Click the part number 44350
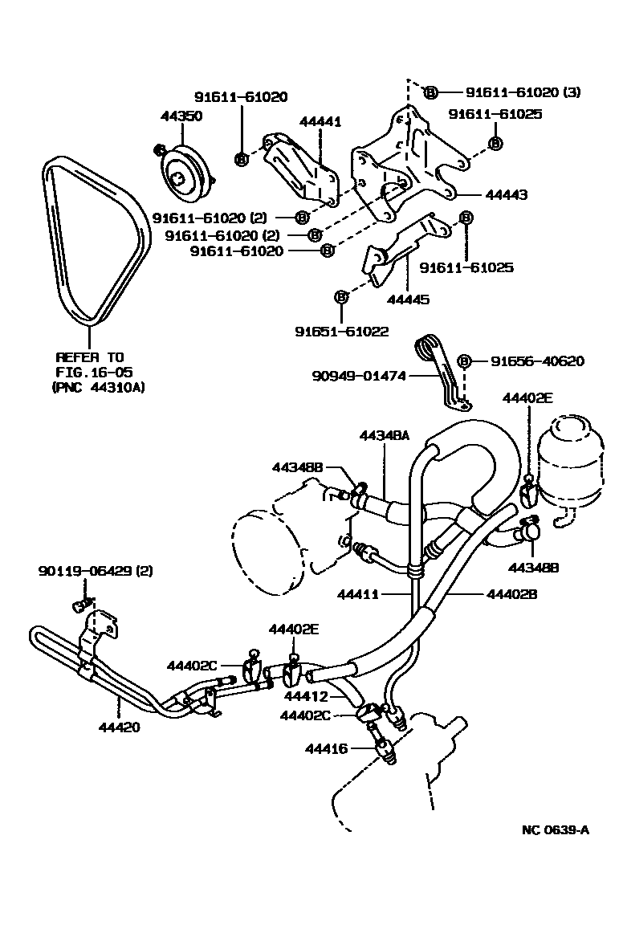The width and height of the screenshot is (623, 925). tap(181, 116)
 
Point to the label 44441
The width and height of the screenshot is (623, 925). tap(320, 122)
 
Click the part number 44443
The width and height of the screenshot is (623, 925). tap(506, 195)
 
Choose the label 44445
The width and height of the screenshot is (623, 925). tap(408, 300)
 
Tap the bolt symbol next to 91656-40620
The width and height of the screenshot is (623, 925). tap(463, 361)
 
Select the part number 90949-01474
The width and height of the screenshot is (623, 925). tap(360, 375)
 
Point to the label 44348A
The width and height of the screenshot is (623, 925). tap(385, 435)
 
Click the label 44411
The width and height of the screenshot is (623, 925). tap(358, 595)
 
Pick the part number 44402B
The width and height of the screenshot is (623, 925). tap(511, 595)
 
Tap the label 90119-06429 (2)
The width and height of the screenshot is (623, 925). tap(96, 571)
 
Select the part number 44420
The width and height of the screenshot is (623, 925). tap(120, 728)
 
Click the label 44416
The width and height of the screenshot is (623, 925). tap(326, 748)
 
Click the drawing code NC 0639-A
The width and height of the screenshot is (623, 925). tap(555, 829)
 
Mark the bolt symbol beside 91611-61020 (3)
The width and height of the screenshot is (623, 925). tap(431, 92)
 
